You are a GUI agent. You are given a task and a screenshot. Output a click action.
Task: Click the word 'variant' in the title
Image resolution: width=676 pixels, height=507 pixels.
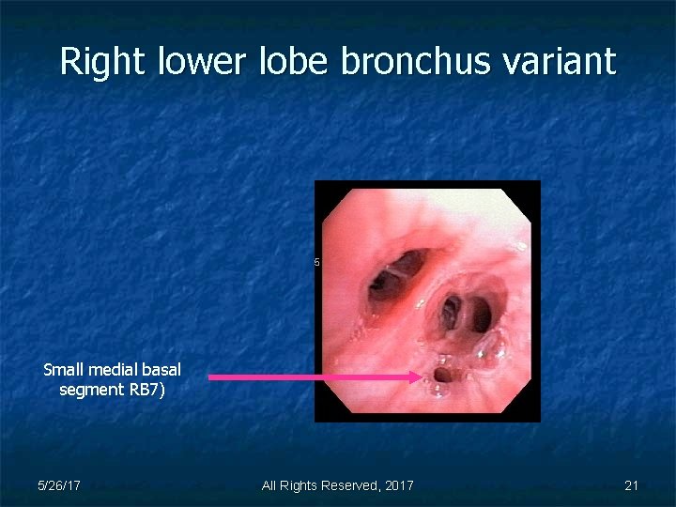tap(570, 62)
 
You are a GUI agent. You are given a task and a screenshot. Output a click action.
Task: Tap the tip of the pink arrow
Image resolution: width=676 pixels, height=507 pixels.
tap(422, 376)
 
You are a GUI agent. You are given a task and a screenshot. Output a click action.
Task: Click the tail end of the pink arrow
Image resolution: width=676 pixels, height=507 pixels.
tap(209, 376)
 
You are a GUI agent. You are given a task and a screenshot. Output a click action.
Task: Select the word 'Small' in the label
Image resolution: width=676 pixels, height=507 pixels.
tap(63, 370)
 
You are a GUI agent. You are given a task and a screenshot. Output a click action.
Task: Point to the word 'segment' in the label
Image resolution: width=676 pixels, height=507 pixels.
tap(88, 389)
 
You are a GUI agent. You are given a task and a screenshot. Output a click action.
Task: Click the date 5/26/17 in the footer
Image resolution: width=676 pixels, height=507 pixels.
tap(58, 485)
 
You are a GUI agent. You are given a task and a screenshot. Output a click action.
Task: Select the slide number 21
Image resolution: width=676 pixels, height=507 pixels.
tap(631, 485)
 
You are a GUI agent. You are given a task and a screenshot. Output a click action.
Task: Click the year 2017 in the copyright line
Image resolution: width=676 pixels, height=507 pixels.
tap(398, 485)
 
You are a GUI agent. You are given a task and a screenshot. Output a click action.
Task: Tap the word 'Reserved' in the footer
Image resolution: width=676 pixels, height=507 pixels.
tap(346, 485)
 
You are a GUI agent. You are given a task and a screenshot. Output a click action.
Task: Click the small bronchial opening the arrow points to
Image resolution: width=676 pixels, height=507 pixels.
tap(443, 375)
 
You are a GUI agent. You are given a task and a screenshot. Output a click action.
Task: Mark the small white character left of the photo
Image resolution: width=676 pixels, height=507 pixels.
tap(317, 262)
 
